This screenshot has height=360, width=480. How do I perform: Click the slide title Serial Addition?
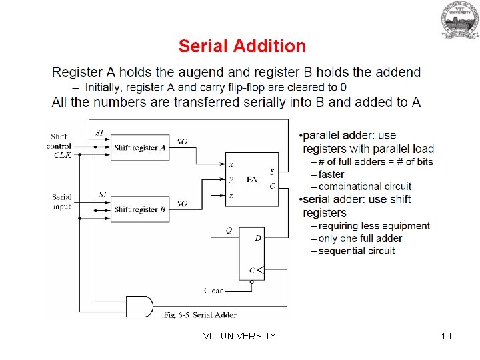[x=242, y=46]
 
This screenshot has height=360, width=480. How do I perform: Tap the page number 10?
[x=446, y=336]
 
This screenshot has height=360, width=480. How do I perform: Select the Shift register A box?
[x=139, y=147]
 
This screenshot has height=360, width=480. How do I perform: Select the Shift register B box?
[x=139, y=209]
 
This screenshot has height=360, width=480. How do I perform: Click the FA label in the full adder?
[x=251, y=179]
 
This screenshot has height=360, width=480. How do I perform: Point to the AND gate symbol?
[x=139, y=306]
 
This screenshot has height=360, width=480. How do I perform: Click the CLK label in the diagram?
[x=62, y=155]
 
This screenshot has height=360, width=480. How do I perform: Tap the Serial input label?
[x=62, y=202]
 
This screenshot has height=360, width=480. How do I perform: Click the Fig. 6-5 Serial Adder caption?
[x=200, y=315]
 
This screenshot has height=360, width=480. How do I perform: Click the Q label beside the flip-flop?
[x=229, y=231]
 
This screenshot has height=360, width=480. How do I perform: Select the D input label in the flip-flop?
[x=257, y=237]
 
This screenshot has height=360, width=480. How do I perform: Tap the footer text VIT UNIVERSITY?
[x=239, y=336]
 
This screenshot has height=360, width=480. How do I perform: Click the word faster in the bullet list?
[x=331, y=174]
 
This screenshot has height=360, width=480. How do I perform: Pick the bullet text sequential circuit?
[x=357, y=251]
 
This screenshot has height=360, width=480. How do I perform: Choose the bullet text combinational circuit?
[x=365, y=186]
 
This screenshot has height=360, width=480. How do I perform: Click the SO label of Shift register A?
[x=182, y=142]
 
